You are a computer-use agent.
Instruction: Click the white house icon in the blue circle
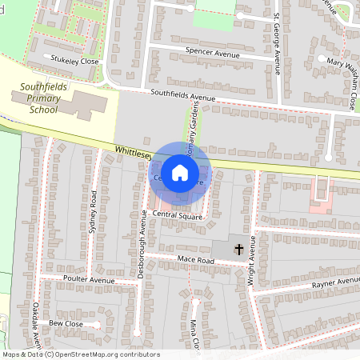point(180,172)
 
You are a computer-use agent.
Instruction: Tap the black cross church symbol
point(238,250)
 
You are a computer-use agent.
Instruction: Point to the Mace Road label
point(196,262)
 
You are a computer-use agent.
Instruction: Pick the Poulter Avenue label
point(90,280)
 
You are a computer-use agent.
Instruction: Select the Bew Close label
point(66,324)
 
